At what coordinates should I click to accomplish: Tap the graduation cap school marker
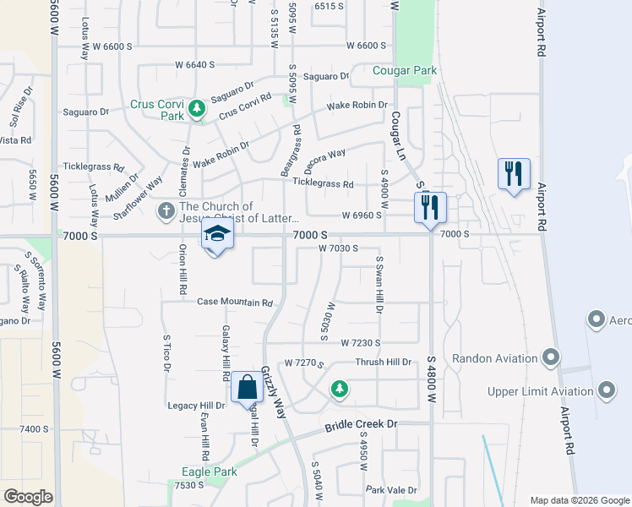click(x=216, y=235)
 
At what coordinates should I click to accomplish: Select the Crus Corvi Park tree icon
click(x=197, y=108)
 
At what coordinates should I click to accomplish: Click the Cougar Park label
click(x=406, y=71)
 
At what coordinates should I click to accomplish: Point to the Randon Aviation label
click(x=494, y=358)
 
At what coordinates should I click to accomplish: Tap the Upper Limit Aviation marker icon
click(x=606, y=390)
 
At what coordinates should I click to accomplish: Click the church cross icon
click(x=166, y=208)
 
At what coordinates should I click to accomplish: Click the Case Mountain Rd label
click(x=235, y=302)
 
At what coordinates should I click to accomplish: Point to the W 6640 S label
click(x=195, y=64)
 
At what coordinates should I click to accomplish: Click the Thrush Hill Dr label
click(x=383, y=362)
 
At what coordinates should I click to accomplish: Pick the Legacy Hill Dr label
click(x=196, y=406)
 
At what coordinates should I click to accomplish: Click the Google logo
click(x=28, y=497)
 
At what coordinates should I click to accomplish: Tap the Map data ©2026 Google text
click(x=579, y=499)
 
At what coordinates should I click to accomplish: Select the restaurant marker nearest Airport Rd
click(x=513, y=174)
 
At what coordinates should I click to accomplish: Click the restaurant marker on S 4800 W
click(x=430, y=207)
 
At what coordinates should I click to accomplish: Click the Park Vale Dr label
click(x=392, y=490)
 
